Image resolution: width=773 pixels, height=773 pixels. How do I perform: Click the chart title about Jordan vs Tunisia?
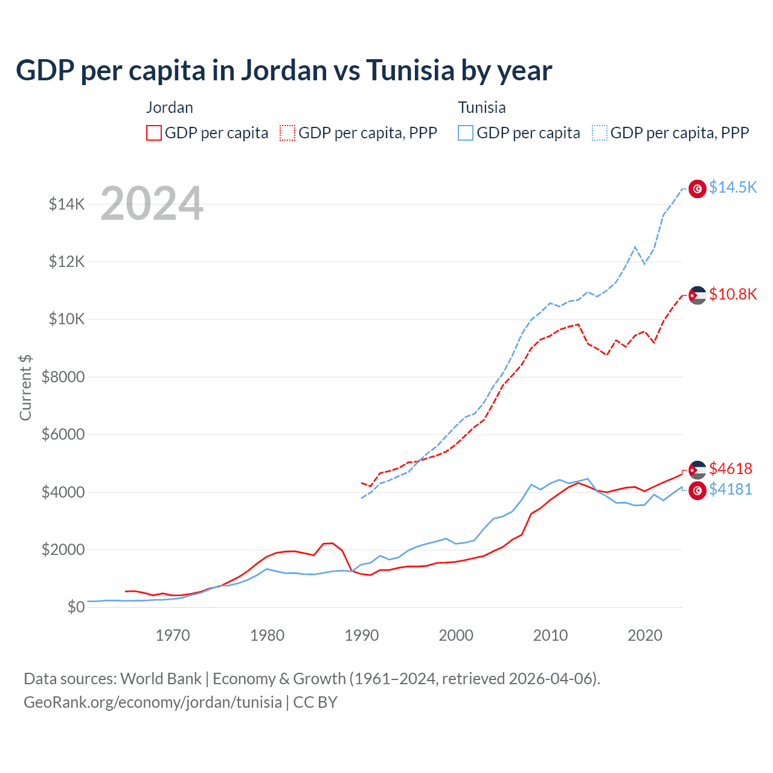pos(284,71)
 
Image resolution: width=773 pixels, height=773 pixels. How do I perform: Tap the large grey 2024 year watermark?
pos(152,204)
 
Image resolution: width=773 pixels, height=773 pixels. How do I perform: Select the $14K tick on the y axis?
pos(67,204)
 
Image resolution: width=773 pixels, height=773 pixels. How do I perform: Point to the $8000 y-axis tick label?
pos(63,377)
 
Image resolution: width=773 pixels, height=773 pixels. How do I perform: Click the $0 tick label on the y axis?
pos(75,607)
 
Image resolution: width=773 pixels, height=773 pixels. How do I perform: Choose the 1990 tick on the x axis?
pos(362,635)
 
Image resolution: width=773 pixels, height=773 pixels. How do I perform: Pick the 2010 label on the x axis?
pos(550,635)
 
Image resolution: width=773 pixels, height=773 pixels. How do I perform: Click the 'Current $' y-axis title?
pos(25,387)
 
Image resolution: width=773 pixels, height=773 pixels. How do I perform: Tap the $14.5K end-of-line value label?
pos(733,187)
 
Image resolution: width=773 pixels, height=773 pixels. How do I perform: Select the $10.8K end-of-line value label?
pos(733,294)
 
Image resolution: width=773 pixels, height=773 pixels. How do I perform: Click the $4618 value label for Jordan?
pos(731,469)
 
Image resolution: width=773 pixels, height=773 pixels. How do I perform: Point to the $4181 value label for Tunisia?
pos(731,489)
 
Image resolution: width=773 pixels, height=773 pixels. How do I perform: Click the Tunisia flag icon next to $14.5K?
pos(698,189)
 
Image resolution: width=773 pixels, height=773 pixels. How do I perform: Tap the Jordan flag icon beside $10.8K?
pos(698,295)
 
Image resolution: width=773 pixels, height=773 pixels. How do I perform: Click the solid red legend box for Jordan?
pos(154,133)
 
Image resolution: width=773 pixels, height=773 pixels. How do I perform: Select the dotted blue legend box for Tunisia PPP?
pos(600,133)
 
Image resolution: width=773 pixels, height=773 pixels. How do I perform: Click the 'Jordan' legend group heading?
pos(170,107)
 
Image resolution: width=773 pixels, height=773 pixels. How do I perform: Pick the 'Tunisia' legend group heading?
pos(481,107)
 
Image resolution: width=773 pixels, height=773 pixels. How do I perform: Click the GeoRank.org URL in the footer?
pos(153,702)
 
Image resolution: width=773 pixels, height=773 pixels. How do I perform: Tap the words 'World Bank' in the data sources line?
pos(161,679)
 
